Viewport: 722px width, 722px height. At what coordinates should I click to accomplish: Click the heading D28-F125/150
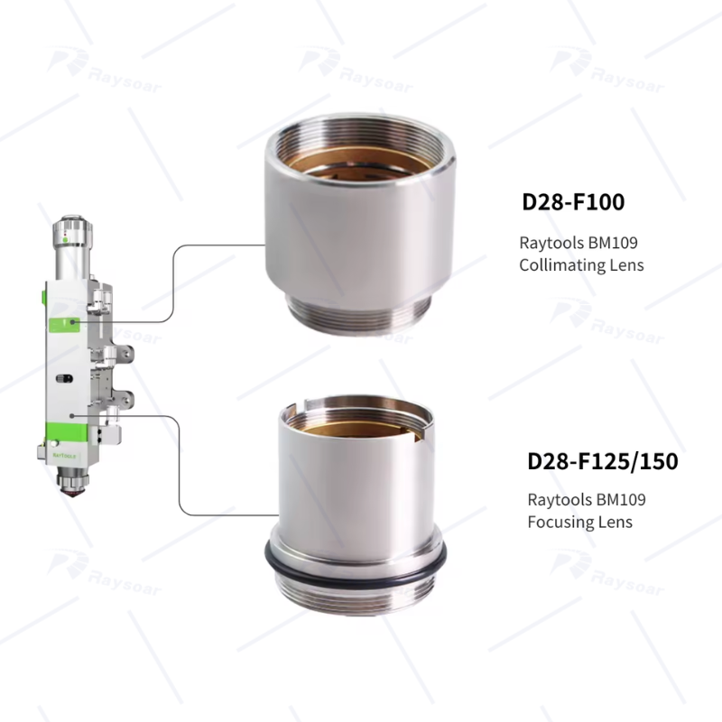[x=602, y=462]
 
